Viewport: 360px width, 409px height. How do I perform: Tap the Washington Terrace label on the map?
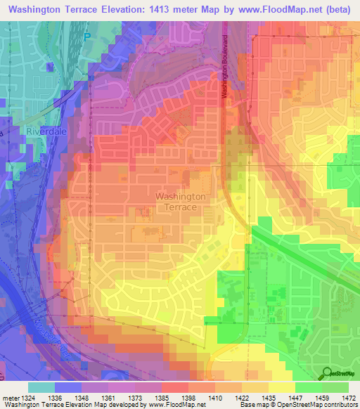pyautogui.click(x=180, y=202)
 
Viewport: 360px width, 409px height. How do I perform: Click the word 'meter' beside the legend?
pyautogui.click(x=8, y=398)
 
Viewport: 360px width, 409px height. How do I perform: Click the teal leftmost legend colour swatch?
pyautogui.click(x=41, y=387)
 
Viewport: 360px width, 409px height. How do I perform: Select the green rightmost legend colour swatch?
pyautogui.click(x=335, y=387)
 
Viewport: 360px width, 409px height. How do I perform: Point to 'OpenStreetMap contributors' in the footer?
pyautogui.click(x=321, y=405)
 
